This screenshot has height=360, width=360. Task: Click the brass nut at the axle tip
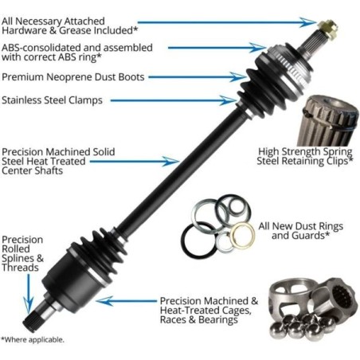pyautogui.click(x=328, y=29)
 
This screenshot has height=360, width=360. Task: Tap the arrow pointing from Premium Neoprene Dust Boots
pyautogui.click(x=198, y=77)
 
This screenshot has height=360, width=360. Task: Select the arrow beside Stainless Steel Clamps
pyautogui.click(x=173, y=100)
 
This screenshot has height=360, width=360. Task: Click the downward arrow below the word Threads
pyautogui.click(x=28, y=294)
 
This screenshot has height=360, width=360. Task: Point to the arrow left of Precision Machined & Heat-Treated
pyautogui.click(x=127, y=301)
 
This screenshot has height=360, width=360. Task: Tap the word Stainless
pyautogui.click(x=22, y=100)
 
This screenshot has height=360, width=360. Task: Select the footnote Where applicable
pyautogui.click(x=33, y=339)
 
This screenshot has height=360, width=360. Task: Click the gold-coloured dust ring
pyautogui.click(x=242, y=235)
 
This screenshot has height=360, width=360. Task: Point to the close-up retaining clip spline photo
pyautogui.click(x=328, y=120)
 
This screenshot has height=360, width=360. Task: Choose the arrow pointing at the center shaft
pyautogui.click(x=135, y=161)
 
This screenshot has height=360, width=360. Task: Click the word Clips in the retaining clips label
pyautogui.click(x=338, y=161)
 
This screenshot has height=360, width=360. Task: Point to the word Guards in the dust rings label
pyautogui.click(x=307, y=236)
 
